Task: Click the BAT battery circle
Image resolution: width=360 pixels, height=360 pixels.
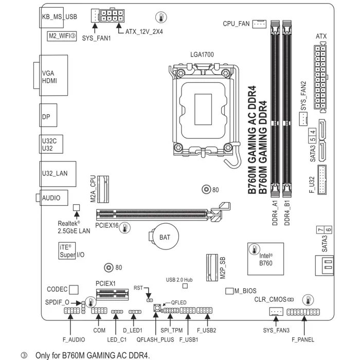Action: click(x=164, y=238)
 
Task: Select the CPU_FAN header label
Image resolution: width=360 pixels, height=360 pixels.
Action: click(x=236, y=24)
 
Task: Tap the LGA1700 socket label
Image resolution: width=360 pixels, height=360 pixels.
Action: click(x=202, y=55)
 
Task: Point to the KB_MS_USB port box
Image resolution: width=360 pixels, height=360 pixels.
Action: click(x=59, y=17)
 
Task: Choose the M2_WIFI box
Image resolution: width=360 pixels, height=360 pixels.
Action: click(x=62, y=36)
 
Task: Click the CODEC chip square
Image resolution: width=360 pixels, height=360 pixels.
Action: click(x=74, y=290)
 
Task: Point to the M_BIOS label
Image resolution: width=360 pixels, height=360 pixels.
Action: click(x=245, y=291)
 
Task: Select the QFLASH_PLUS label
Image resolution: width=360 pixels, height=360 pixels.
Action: click(x=155, y=339)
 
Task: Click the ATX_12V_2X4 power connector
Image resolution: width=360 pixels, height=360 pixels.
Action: click(x=112, y=17)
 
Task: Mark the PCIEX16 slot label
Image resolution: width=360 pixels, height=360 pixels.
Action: click(x=107, y=225)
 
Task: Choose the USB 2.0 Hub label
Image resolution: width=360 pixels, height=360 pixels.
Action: click(x=179, y=280)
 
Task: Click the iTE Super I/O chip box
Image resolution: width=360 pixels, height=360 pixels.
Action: click(x=68, y=250)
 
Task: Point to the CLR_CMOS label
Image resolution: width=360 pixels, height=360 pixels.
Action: click(x=270, y=299)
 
